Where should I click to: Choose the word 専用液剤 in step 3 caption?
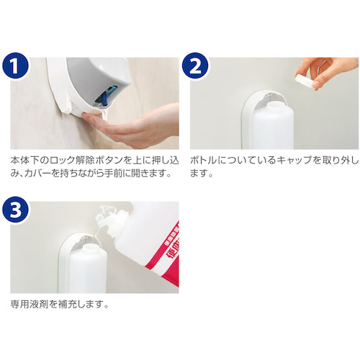(x=30, y=305)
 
